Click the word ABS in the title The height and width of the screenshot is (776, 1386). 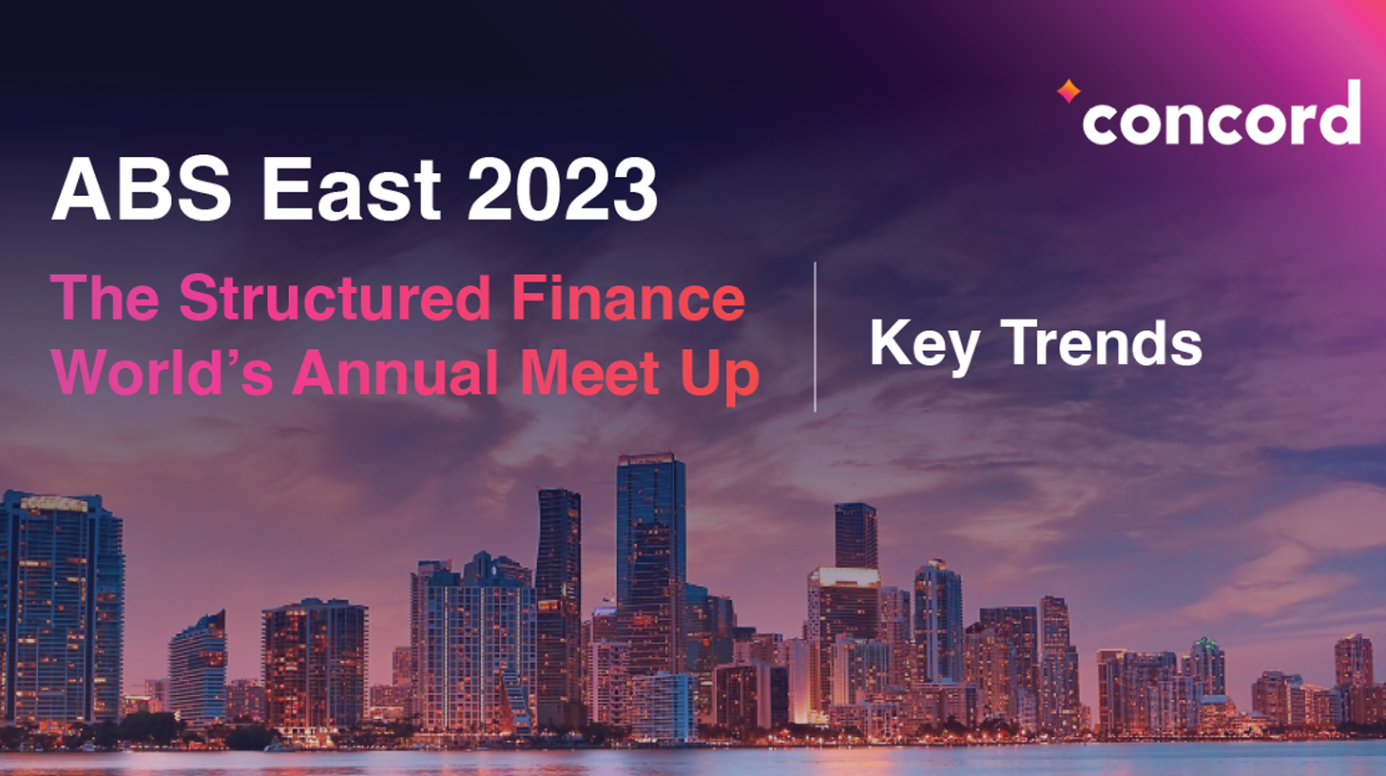coord(142,188)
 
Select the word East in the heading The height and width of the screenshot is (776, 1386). coord(350,188)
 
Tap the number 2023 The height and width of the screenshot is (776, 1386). coord(562,188)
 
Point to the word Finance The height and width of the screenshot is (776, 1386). coord(628,299)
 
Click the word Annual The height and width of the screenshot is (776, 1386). coord(395,372)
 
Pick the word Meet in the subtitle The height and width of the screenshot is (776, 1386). coord(590,372)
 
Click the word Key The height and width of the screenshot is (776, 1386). coord(923,344)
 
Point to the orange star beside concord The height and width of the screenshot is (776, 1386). coord(1068,91)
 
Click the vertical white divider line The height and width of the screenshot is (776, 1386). coord(815,337)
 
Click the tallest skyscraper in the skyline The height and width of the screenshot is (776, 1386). coord(650,552)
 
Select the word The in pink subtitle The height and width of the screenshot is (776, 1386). coord(105,299)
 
